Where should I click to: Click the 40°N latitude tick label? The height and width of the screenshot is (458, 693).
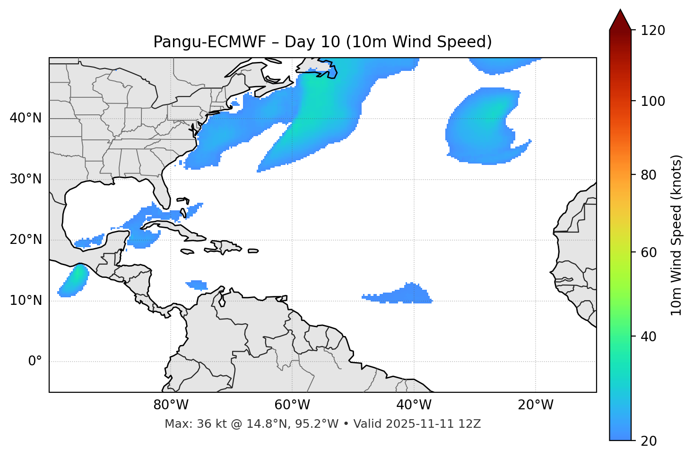point(26,118)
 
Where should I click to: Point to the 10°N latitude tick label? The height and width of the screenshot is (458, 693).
point(26,301)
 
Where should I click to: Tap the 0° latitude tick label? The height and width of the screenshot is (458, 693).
point(35,362)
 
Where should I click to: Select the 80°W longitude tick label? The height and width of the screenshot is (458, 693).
point(171,405)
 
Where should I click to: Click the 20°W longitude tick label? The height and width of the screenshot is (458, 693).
point(536,405)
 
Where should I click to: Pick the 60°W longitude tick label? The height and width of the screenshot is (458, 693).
point(292,405)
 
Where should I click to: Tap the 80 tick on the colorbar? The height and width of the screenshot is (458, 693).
point(650,175)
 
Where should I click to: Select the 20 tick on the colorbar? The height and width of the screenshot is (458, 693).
point(650,441)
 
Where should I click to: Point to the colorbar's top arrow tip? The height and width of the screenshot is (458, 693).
point(620,9)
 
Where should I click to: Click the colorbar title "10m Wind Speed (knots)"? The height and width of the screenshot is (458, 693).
point(677,235)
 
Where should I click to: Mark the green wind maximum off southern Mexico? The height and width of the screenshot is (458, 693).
point(75,279)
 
